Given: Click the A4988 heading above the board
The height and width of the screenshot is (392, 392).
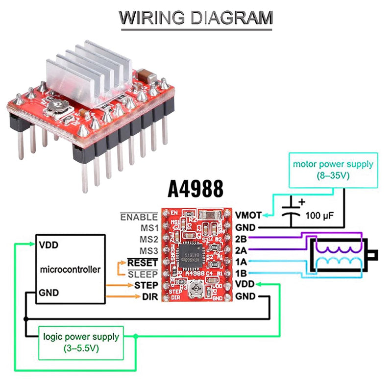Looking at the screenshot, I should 196,188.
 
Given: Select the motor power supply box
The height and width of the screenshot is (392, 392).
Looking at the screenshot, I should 333,170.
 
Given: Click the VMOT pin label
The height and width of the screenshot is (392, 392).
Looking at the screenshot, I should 248,215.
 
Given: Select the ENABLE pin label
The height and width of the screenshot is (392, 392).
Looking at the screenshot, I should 139,217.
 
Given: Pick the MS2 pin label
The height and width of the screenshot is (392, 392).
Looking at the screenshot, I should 148,240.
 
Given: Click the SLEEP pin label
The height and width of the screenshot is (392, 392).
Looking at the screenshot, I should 143,274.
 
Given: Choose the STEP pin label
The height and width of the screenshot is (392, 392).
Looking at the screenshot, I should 146,285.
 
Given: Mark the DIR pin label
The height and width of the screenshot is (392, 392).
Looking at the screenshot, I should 150,296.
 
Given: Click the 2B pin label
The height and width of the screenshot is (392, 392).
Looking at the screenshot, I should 241,239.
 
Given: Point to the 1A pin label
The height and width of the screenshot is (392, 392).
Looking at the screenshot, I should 241,262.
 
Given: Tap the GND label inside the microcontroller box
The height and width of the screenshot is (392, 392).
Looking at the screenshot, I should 49,293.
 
